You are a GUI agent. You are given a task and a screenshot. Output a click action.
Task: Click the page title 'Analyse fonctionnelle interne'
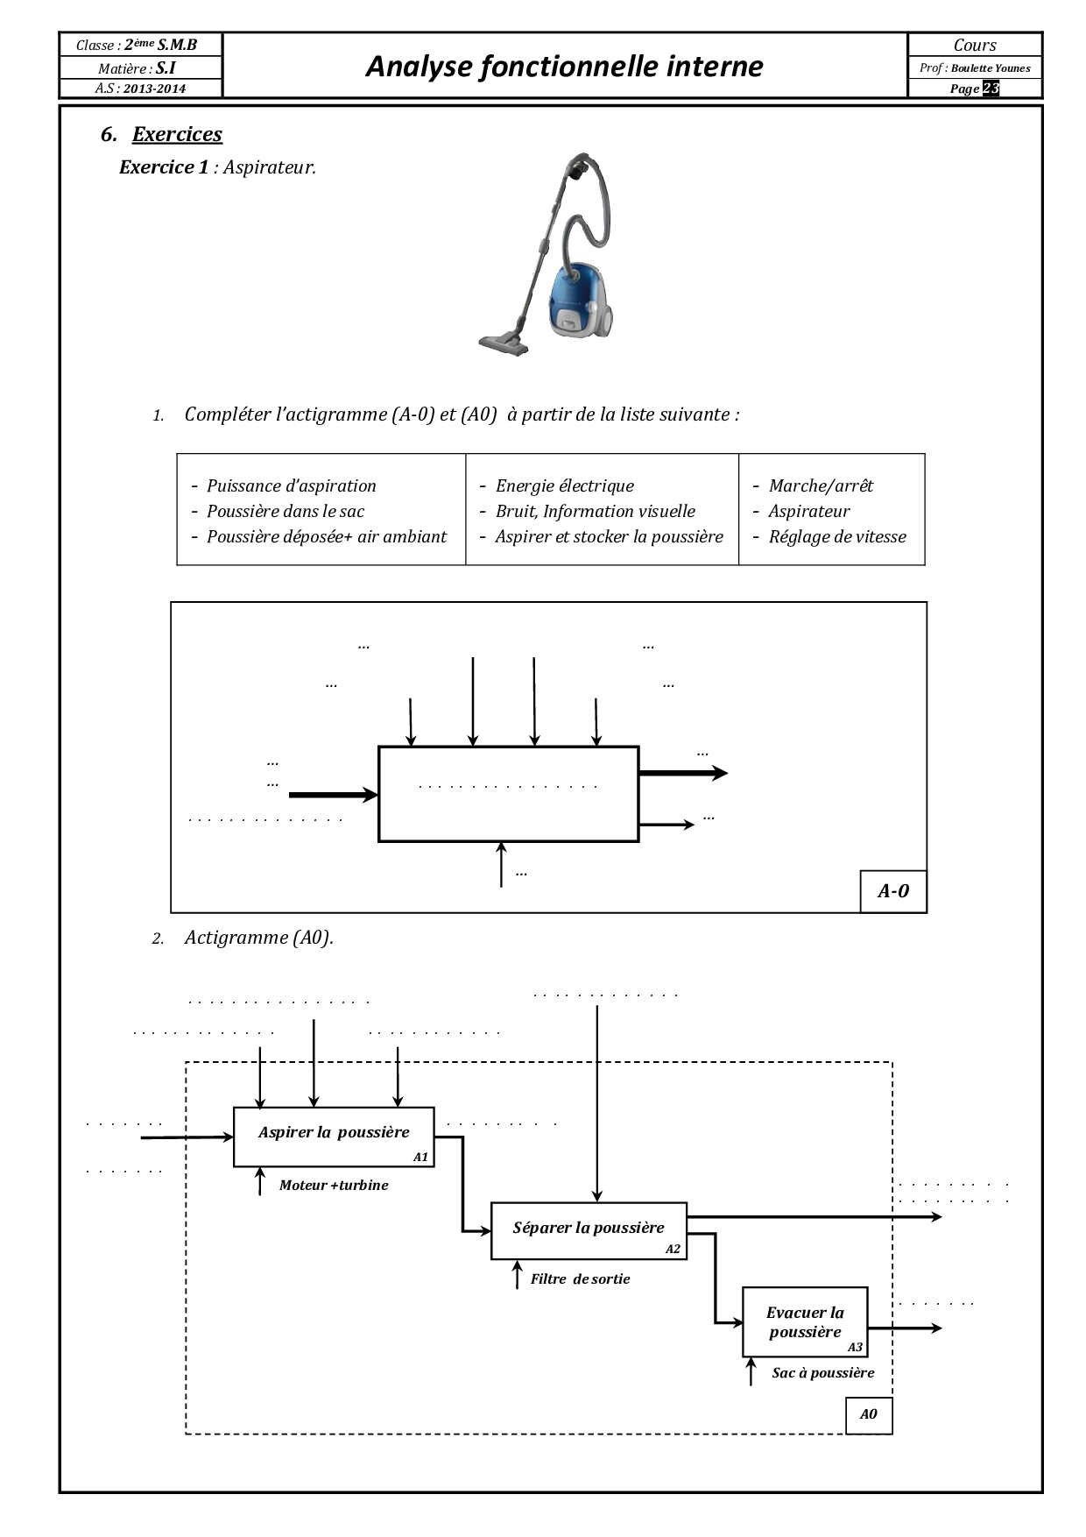pyautogui.click(x=564, y=66)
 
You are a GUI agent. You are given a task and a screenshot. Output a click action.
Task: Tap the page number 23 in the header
pyautogui.click(x=991, y=89)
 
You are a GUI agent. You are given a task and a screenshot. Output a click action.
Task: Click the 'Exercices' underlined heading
pyautogui.click(x=177, y=134)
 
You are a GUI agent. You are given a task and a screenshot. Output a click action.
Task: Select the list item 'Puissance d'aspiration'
pyautogui.click(x=291, y=485)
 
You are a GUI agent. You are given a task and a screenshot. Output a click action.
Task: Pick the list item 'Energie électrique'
pyautogui.click(x=564, y=485)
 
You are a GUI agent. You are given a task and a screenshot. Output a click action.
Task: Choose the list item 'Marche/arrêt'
pyautogui.click(x=821, y=485)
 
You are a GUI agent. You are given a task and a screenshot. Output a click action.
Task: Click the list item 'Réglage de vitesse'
pyautogui.click(x=837, y=536)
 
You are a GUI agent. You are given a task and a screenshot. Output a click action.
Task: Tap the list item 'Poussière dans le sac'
pyautogui.click(x=285, y=511)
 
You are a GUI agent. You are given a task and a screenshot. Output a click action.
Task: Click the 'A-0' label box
pyautogui.click(x=893, y=891)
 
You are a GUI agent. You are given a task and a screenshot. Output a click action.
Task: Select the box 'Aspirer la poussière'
pyautogui.click(x=334, y=1137)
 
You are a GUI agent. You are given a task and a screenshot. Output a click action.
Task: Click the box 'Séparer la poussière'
pyautogui.click(x=589, y=1230)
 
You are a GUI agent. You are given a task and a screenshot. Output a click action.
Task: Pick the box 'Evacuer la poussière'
pyautogui.click(x=805, y=1321)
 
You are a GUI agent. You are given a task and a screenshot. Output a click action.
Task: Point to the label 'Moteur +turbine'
pyautogui.click(x=334, y=1185)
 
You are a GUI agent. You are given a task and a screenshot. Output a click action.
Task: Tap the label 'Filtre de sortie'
pyautogui.click(x=580, y=1278)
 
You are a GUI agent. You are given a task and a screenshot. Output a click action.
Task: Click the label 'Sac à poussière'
pyautogui.click(x=822, y=1372)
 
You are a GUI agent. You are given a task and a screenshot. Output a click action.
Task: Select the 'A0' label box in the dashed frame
pyautogui.click(x=868, y=1413)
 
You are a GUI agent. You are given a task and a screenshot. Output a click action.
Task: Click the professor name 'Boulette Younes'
pyautogui.click(x=991, y=68)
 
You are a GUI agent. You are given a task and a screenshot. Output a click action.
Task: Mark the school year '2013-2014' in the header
pyautogui.click(x=154, y=89)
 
